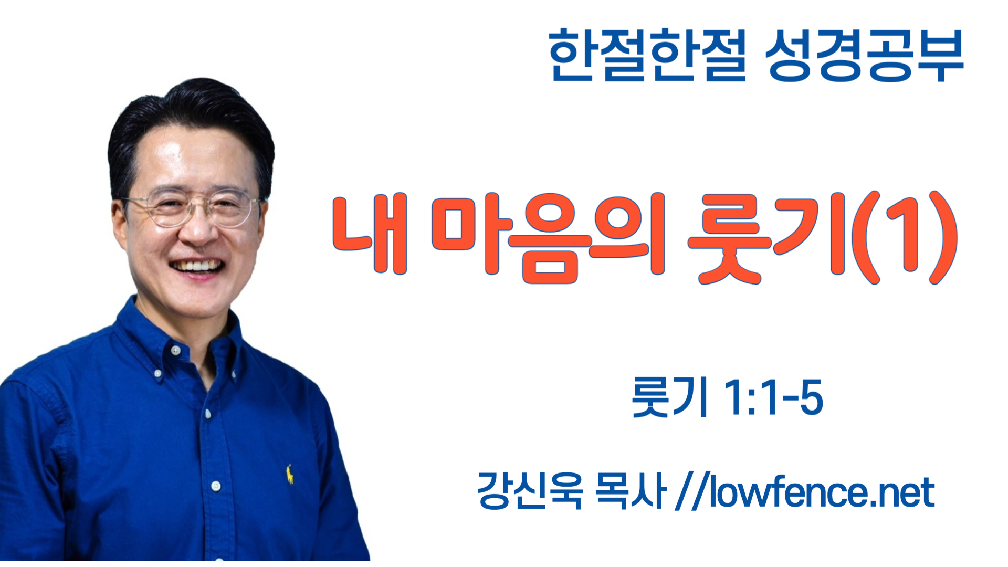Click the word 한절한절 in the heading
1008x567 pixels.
point(647,55)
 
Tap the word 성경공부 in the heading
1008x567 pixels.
point(865,55)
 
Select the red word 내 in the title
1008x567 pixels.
point(371,234)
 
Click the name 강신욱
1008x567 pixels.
point(530,491)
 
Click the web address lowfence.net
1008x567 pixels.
point(822,492)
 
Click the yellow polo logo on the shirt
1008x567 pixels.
point(289,474)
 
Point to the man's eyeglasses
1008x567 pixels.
point(192,208)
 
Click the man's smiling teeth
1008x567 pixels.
point(197,265)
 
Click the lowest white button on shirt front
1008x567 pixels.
point(216,486)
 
